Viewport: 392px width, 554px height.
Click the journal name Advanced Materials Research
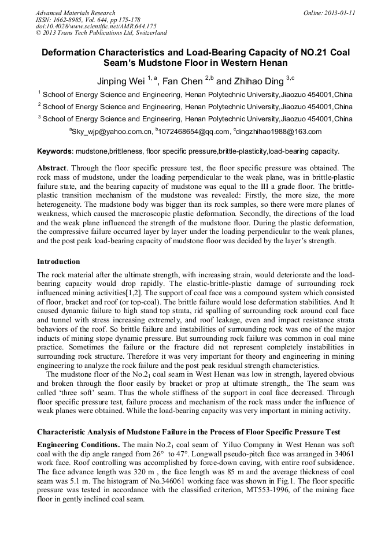[x=75, y=13]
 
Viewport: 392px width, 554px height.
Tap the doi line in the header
[x=96, y=26]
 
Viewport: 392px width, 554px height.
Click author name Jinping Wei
[x=119, y=81]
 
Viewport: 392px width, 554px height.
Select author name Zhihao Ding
[x=253, y=81]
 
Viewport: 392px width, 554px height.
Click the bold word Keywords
[x=55, y=151]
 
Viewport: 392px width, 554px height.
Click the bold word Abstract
[x=51, y=168]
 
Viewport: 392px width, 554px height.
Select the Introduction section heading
[x=58, y=262]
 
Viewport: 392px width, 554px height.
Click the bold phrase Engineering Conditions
[x=78, y=445]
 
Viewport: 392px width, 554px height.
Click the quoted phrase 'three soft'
[x=75, y=383]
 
